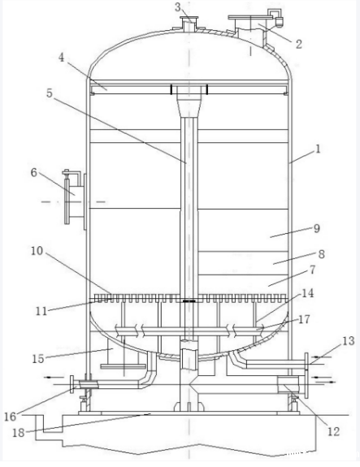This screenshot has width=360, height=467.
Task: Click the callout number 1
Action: click(x=318, y=149)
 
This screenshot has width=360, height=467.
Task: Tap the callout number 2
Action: click(x=298, y=44)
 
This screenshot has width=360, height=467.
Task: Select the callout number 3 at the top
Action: click(x=178, y=6)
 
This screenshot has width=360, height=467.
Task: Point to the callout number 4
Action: click(x=61, y=58)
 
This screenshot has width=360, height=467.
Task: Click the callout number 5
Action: click(x=50, y=93)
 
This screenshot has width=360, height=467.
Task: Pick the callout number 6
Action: click(x=34, y=172)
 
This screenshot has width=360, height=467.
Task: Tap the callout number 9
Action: click(x=317, y=228)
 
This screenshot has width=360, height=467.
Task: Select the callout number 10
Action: click(x=37, y=251)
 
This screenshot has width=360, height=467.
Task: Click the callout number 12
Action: click(x=333, y=431)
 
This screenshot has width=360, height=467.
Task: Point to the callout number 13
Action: click(x=348, y=341)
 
